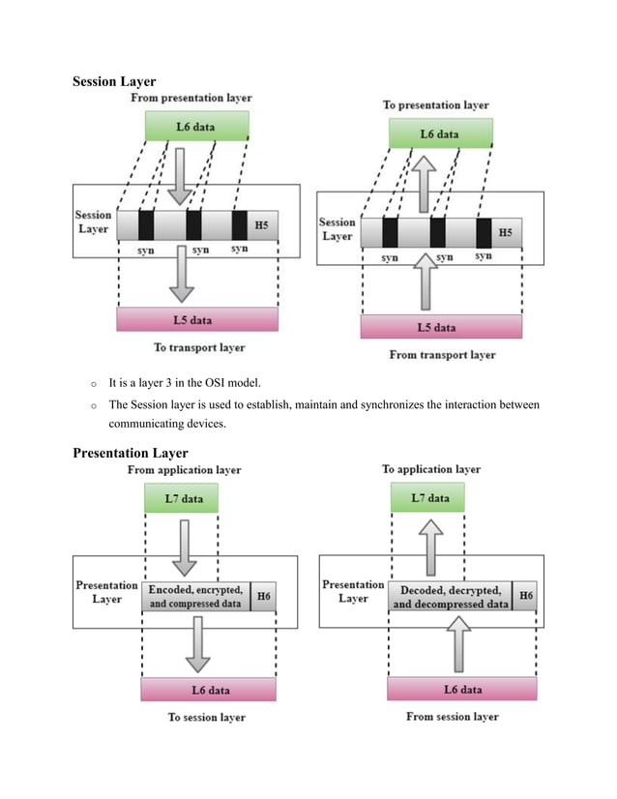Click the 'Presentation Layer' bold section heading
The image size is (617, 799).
(x=131, y=453)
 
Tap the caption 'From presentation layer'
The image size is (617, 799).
(x=191, y=98)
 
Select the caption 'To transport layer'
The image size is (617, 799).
(x=199, y=347)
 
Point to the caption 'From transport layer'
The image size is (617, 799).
(x=442, y=355)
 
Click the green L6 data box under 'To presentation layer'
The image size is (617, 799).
(x=441, y=133)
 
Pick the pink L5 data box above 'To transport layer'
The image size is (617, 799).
(x=196, y=319)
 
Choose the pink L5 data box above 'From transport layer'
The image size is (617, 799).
(x=440, y=327)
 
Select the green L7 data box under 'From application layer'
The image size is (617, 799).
(x=181, y=498)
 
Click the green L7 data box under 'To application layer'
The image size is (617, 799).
(x=427, y=498)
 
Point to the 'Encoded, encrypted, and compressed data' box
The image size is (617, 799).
(x=195, y=597)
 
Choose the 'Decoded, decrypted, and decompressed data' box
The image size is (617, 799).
(x=450, y=597)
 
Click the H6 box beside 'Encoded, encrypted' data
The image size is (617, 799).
(x=262, y=597)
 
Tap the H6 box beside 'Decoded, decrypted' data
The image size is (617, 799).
(x=524, y=596)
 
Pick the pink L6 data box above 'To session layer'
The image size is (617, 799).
(x=208, y=689)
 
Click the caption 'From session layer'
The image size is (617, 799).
(x=453, y=717)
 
